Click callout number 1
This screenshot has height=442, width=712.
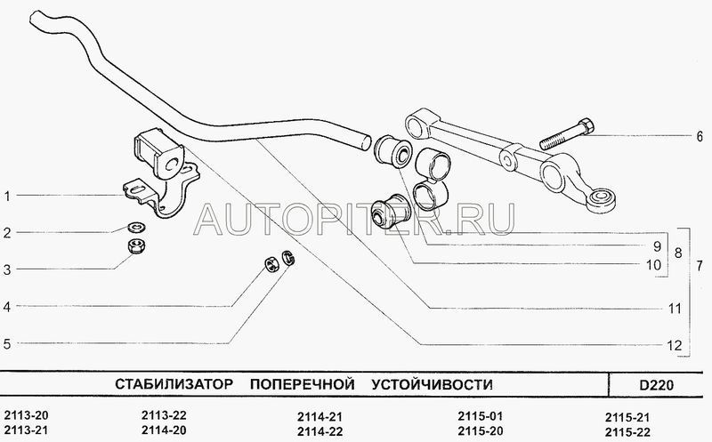point(6,196)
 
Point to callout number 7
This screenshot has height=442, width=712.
point(700,267)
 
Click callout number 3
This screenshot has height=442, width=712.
point(6,269)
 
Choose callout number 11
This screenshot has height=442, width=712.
point(676,309)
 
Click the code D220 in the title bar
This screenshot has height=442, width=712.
point(656,384)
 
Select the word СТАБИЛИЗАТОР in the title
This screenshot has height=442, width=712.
point(174,384)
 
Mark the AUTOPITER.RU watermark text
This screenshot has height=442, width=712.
point(356,216)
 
